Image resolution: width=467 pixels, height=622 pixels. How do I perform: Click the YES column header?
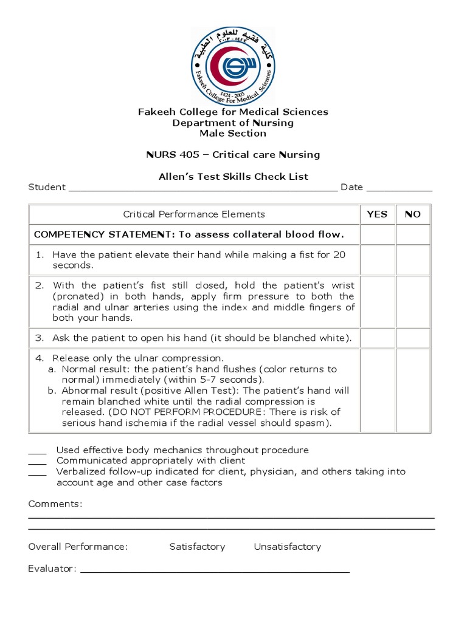tap(377, 214)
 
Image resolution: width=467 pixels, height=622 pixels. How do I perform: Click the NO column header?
tap(413, 214)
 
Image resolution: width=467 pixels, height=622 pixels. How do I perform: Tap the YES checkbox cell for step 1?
tap(377, 260)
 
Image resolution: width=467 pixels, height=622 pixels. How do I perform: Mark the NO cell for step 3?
tap(413, 338)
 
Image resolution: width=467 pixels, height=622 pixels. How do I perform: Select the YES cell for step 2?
tap(377, 302)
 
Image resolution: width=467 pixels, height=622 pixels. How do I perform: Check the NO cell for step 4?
tap(413, 391)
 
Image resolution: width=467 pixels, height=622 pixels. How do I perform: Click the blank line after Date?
tap(399, 188)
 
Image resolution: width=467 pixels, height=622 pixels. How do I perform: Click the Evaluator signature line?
tap(215, 570)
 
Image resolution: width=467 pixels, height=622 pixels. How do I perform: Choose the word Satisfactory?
tap(197, 547)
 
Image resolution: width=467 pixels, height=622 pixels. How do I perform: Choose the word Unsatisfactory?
tap(287, 547)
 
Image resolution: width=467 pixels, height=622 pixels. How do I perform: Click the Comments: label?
tap(55, 504)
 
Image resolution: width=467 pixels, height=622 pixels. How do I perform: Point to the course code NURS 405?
tap(173, 155)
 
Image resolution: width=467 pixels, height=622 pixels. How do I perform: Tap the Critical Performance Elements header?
tap(194, 214)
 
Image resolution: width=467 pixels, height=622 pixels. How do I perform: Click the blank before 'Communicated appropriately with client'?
tap(37, 462)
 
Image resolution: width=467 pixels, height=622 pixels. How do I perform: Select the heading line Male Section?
tap(233, 133)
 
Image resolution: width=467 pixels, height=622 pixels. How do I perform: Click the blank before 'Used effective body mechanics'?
tap(37, 452)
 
